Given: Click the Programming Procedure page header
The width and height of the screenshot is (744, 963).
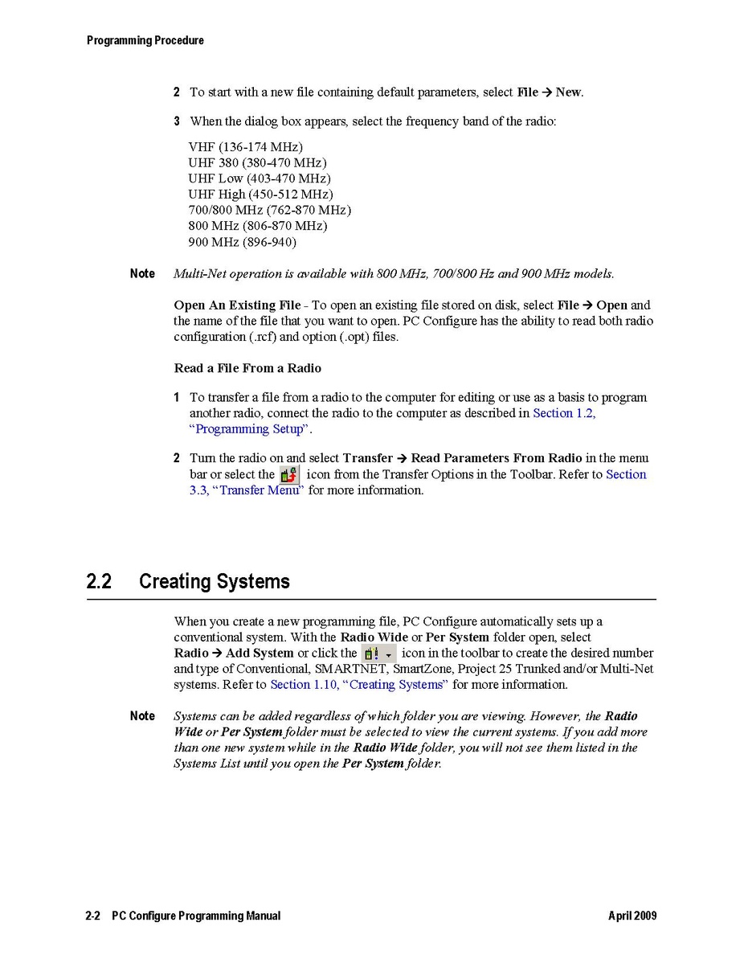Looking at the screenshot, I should coord(145,40).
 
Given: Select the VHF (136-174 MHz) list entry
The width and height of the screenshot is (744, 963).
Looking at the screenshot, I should coord(245,147).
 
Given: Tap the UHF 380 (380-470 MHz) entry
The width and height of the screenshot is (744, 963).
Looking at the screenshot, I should coord(257,163).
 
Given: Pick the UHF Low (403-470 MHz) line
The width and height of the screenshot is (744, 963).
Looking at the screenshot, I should coord(259,178).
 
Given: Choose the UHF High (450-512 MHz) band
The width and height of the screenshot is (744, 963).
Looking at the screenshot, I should coord(260,195).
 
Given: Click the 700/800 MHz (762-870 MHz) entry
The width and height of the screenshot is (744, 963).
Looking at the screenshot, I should coord(269,210).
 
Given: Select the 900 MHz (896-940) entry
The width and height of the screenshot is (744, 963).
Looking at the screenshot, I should coord(242,242).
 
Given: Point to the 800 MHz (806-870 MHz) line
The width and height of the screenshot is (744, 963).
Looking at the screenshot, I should coord(257,226).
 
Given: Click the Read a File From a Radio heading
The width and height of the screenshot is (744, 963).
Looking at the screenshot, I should coord(247,368).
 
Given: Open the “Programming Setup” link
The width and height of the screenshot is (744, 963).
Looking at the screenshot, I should coord(249,429).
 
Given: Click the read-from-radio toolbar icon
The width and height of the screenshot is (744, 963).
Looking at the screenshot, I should coord(289,475).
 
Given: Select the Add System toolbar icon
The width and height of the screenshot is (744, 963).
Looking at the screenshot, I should coord(378,654).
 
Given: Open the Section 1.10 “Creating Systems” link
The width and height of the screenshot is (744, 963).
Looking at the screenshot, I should coord(358,685).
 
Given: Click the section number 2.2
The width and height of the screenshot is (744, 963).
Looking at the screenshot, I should coord(99,582).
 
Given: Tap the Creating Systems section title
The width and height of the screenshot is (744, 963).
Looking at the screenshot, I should coord(214,582).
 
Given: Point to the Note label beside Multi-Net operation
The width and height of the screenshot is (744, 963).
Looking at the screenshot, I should coord(142,274).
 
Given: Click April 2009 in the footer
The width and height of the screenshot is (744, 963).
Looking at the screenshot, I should coord(632,916).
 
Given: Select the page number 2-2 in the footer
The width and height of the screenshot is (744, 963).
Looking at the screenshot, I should coord(92,916).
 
